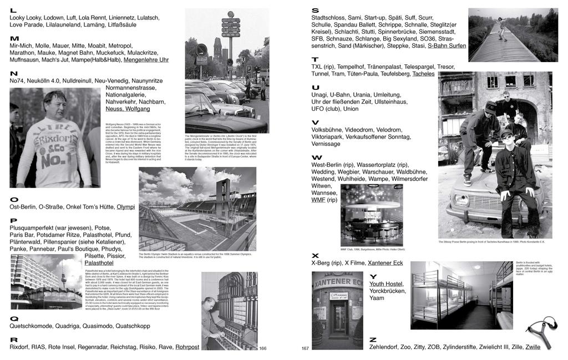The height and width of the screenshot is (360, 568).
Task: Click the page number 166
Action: (x=263, y=348)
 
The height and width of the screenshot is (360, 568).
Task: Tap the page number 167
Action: (x=305, y=348)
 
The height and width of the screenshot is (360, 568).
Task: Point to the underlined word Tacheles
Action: (x=423, y=74)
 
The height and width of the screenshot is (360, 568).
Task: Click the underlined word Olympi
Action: (x=125, y=207)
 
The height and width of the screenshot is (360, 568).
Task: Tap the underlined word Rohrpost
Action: (x=187, y=347)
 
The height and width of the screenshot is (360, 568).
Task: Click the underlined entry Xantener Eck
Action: (x=386, y=263)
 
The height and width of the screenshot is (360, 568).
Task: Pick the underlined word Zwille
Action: (x=532, y=347)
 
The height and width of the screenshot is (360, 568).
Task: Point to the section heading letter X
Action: (x=315, y=255)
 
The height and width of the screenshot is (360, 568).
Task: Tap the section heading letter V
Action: (x=315, y=123)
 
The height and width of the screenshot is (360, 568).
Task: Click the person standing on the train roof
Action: (x=501, y=28)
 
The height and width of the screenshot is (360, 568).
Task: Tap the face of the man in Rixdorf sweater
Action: (x=54, y=105)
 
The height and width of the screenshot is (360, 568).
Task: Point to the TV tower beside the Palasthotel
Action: (x=62, y=276)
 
